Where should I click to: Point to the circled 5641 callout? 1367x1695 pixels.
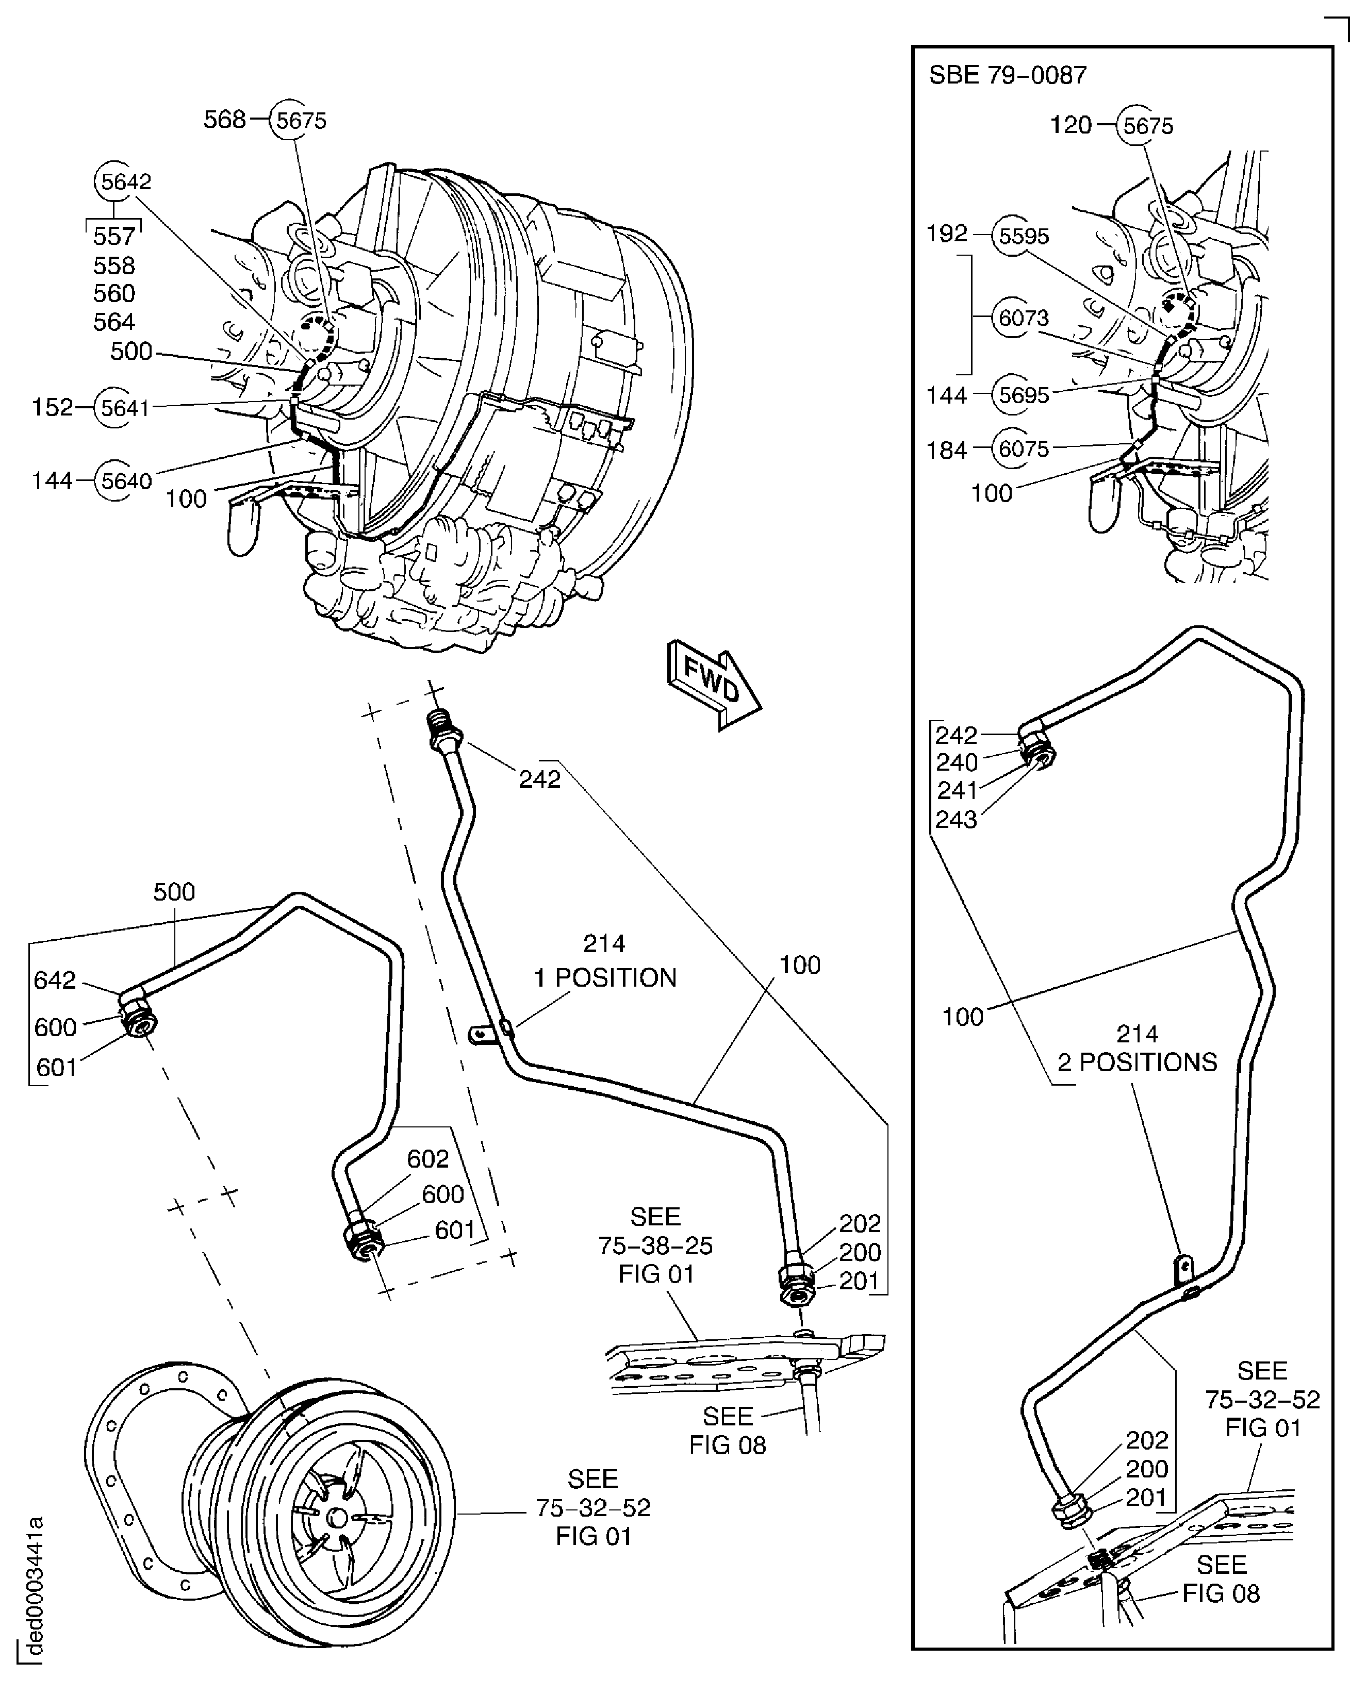[124, 408]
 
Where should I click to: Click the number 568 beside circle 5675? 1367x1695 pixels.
[224, 120]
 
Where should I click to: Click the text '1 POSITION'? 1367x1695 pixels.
[605, 978]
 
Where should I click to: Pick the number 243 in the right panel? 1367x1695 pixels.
[956, 820]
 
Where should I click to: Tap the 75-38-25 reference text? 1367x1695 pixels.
[655, 1245]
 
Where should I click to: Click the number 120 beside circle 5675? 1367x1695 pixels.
[1071, 125]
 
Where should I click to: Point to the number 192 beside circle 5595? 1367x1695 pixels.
[947, 234]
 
